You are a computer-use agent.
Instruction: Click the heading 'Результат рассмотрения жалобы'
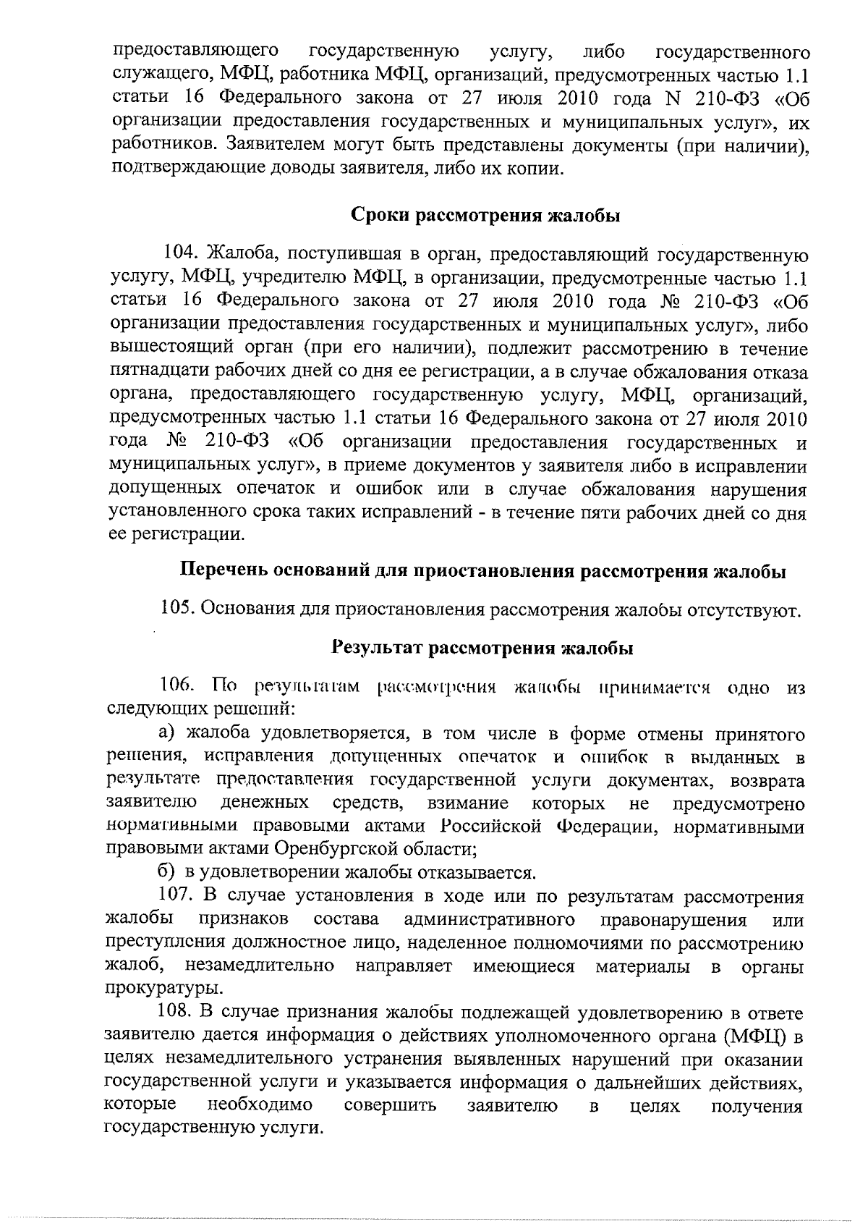[x=482, y=648]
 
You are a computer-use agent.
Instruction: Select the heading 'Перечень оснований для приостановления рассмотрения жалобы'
[x=482, y=570]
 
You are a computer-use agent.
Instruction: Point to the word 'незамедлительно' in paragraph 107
[x=260, y=966]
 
